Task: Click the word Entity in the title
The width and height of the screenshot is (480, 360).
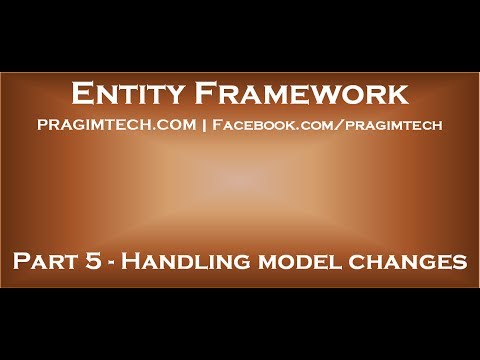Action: click(124, 95)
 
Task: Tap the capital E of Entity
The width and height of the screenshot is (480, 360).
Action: click(83, 95)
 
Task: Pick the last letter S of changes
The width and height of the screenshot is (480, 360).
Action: click(460, 263)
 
